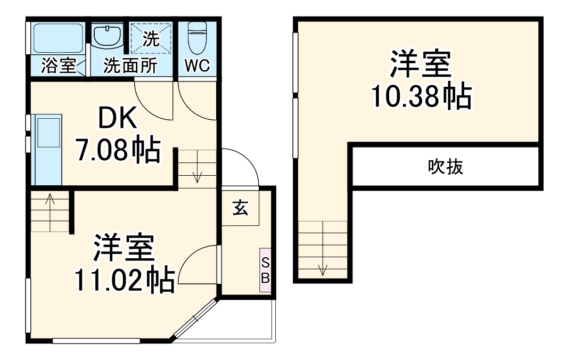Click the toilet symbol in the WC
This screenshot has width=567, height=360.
tap(197, 36)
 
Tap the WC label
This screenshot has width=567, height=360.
tap(197, 66)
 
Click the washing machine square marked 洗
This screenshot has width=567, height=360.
tap(152, 38)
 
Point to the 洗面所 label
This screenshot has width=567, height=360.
tap(130, 66)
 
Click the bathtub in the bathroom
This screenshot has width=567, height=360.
tap(56, 37)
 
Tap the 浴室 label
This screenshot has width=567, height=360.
tap(59, 67)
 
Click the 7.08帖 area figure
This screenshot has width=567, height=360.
tap(118, 151)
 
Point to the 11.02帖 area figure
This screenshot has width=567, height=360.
tap(125, 280)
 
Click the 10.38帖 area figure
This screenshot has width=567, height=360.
tap(421, 96)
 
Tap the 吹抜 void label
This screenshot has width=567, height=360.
tap(446, 167)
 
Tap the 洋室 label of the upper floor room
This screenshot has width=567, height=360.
tap(421, 64)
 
